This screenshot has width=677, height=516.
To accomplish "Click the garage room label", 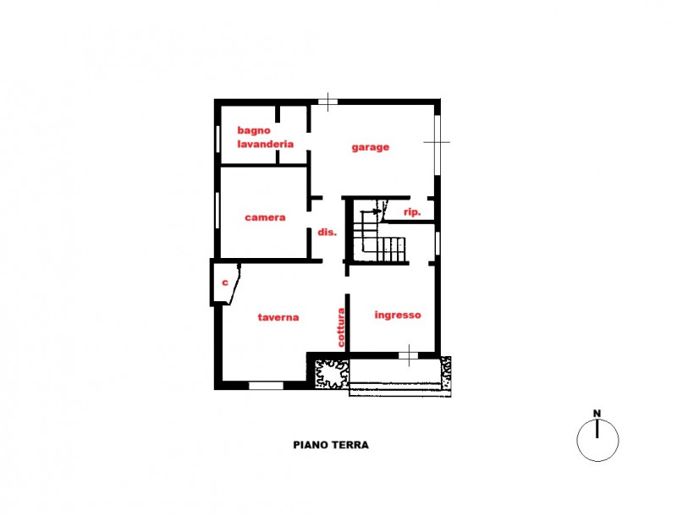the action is pyautogui.click(x=370, y=147).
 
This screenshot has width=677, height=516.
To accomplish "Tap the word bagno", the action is pyautogui.click(x=254, y=130).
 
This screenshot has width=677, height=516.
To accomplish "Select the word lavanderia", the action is pyautogui.click(x=265, y=144).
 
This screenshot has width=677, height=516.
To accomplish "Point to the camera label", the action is pyautogui.click(x=265, y=217).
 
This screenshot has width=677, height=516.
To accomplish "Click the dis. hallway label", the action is pyautogui.click(x=327, y=232).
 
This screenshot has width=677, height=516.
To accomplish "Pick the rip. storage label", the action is pyautogui.click(x=412, y=211).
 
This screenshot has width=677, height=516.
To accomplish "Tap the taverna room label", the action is pyautogui.click(x=278, y=317).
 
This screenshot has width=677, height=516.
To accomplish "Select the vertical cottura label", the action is pyautogui.click(x=341, y=327).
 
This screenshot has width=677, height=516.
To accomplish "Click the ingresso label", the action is pyautogui.click(x=398, y=315).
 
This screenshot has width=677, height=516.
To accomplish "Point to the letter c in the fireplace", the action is pyautogui.click(x=224, y=283).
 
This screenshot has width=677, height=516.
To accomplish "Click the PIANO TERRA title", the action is pyautogui.click(x=331, y=445).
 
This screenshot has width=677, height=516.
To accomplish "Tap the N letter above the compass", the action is pyautogui.click(x=597, y=414).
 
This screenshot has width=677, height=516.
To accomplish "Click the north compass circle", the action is pyautogui.click(x=597, y=440).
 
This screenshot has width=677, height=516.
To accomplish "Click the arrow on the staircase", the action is pyautogui.click(x=372, y=211).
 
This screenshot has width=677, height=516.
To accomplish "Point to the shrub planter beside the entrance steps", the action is pyautogui.click(x=331, y=374).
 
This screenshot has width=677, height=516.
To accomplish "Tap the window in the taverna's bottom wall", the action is pyautogui.click(x=266, y=385).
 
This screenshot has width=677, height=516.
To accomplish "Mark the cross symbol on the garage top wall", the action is pyautogui.click(x=328, y=102).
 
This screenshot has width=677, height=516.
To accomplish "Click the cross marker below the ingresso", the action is pyautogui.click(x=409, y=355).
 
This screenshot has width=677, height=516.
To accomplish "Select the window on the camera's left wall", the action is pyautogui.click(x=217, y=210).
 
